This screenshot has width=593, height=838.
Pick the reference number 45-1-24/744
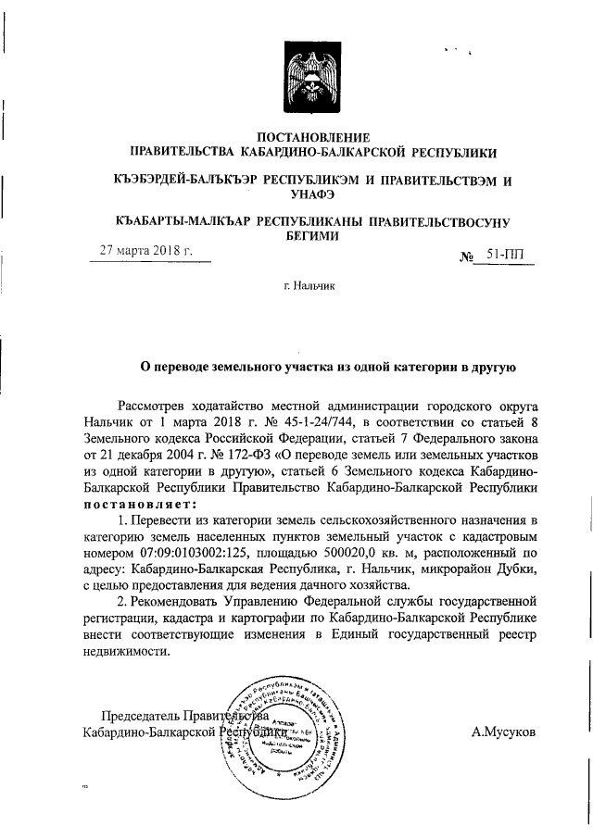[311, 421]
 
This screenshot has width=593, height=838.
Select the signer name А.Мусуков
[503, 732]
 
